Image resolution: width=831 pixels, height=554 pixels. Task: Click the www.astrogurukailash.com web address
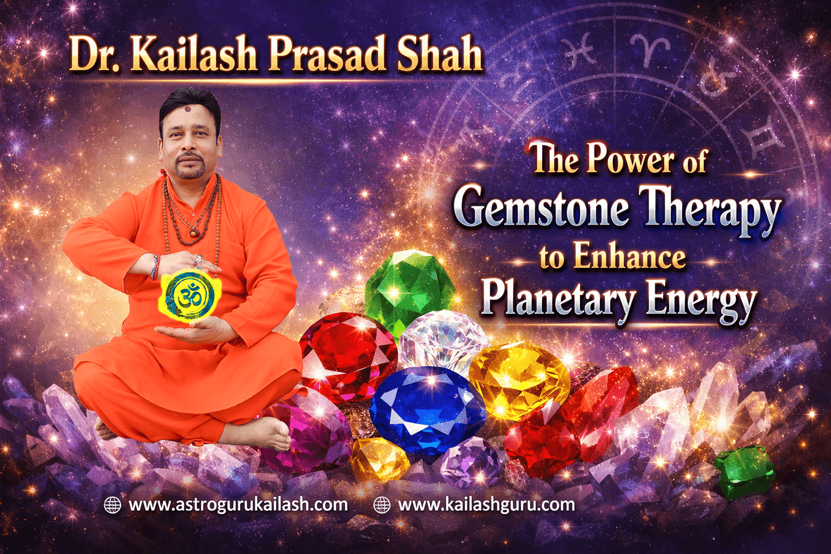[x=238, y=505]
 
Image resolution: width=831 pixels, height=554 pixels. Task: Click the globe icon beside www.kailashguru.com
[x=382, y=505]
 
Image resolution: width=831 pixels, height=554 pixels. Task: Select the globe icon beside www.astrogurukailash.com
[x=112, y=505]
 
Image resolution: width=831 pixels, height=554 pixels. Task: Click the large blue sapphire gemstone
[x=427, y=408]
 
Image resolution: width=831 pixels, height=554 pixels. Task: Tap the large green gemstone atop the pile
[x=410, y=289]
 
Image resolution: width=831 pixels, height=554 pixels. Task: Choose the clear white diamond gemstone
[x=444, y=338]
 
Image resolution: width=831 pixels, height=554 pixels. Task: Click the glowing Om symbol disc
[x=189, y=295]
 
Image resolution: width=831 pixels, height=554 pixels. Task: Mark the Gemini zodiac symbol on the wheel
[x=763, y=138]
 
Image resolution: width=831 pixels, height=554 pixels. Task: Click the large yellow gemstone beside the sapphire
[x=518, y=381]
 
